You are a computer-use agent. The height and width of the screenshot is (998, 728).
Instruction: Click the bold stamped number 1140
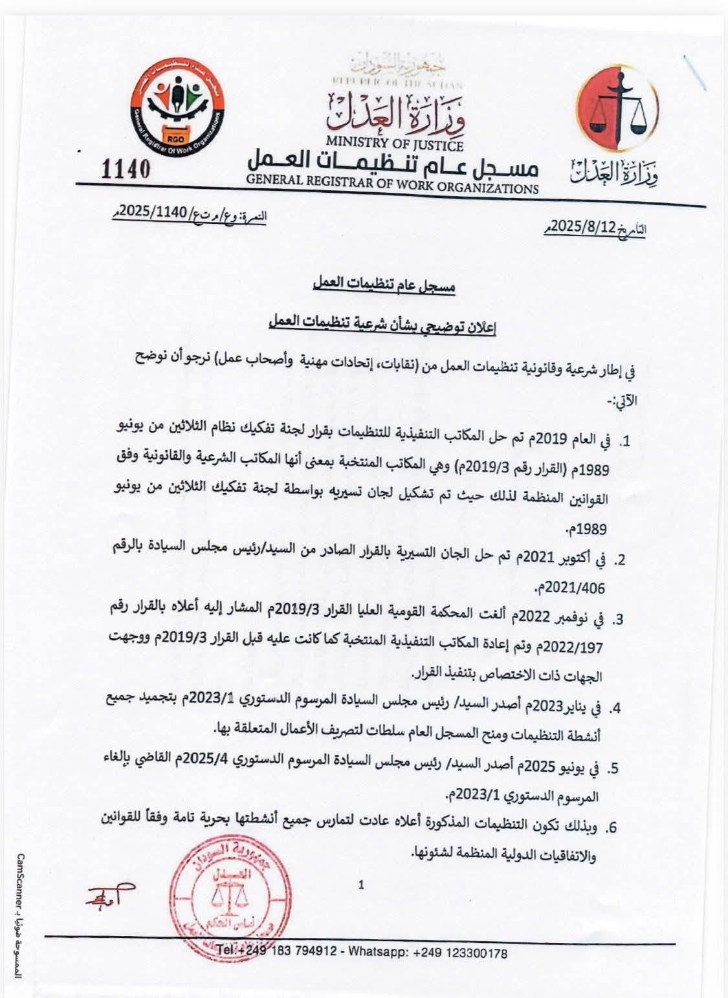126,169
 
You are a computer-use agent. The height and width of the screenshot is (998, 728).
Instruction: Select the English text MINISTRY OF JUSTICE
394,140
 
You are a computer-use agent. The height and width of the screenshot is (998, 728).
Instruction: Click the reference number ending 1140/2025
159,214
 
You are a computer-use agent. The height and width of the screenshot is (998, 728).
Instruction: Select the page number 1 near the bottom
361,885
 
